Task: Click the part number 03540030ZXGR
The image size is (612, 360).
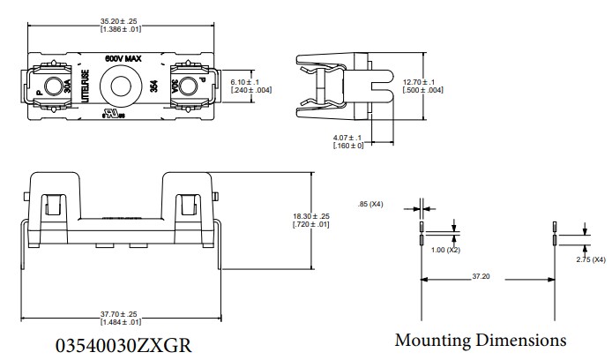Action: (x=123, y=342)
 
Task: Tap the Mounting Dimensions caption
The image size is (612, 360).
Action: (x=480, y=340)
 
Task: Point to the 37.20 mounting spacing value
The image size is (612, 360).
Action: (x=481, y=276)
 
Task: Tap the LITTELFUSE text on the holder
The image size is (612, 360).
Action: (x=86, y=89)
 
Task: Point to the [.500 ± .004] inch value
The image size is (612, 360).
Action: (x=423, y=90)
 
